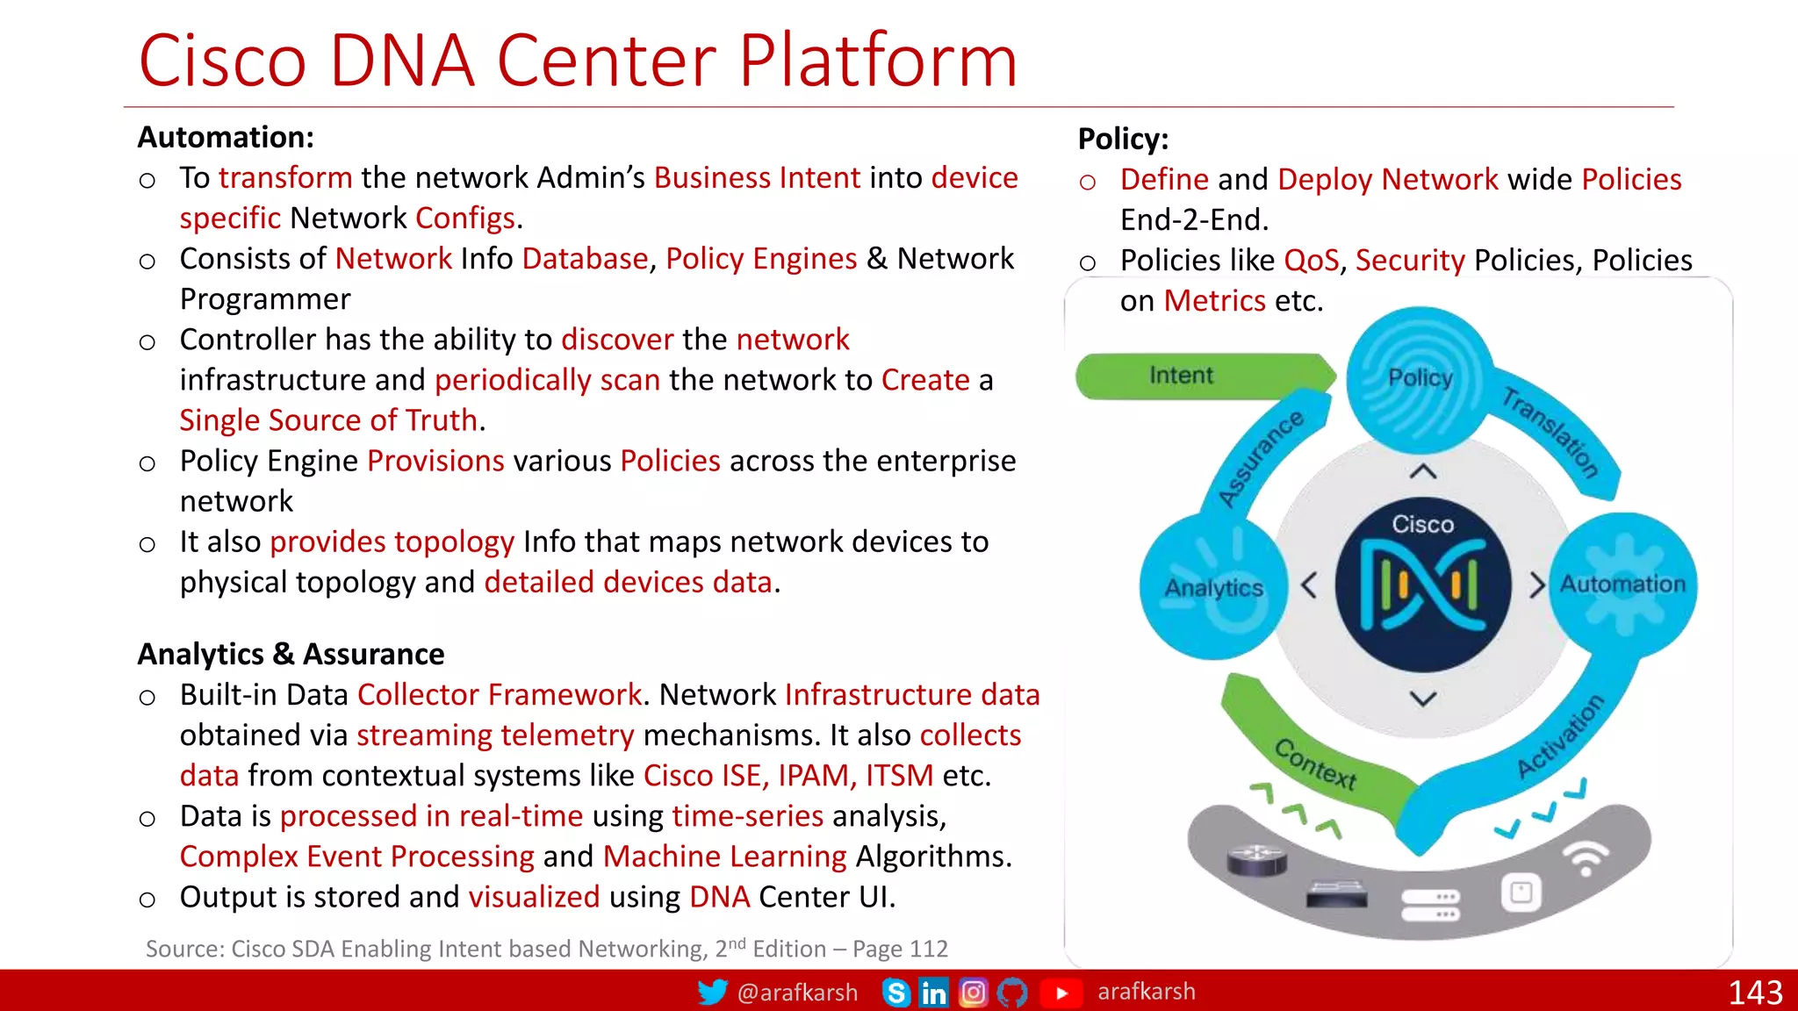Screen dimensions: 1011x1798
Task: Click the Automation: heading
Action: [x=226, y=138]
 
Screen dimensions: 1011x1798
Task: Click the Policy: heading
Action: [x=1123, y=140]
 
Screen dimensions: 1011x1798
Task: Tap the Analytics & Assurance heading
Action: [x=291, y=655]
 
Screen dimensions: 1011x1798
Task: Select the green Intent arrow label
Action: [x=1181, y=376]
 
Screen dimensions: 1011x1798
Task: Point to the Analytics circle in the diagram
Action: [x=1213, y=587]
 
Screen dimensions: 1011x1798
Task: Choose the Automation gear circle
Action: [x=1622, y=584]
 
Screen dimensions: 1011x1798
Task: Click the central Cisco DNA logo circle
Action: [x=1422, y=585]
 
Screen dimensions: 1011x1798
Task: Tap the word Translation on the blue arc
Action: [x=1550, y=432]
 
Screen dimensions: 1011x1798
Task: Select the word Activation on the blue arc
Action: [x=1561, y=736]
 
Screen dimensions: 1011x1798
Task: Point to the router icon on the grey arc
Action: [x=1256, y=859]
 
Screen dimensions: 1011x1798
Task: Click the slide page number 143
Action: [x=1754, y=993]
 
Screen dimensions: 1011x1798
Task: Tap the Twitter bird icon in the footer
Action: [x=712, y=993]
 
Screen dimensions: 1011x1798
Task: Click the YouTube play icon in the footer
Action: [x=1061, y=993]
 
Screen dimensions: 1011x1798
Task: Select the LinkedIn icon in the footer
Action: [x=933, y=993]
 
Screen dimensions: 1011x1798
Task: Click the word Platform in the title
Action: [x=877, y=61]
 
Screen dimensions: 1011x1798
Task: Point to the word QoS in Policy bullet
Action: [x=1311, y=261]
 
